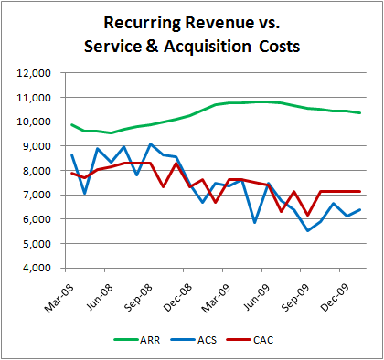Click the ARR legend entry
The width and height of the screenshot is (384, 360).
(142, 340)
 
